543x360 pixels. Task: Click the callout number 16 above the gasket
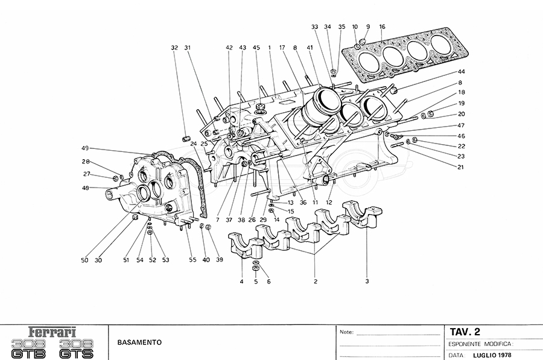pyautogui.click(x=382, y=27)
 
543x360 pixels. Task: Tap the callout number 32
pyautogui.click(x=174, y=48)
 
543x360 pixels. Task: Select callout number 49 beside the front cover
pyautogui.click(x=85, y=148)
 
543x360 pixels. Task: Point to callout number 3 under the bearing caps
pyautogui.click(x=367, y=281)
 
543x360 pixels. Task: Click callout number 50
pyautogui.click(x=84, y=261)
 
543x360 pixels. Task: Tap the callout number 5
pyautogui.click(x=255, y=282)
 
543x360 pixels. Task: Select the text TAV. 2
pyautogui.click(x=465, y=332)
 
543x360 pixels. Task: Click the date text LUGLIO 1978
pyautogui.click(x=494, y=355)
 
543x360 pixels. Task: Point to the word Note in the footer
pyautogui.click(x=346, y=332)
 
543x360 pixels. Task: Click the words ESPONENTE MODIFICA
pyautogui.click(x=480, y=344)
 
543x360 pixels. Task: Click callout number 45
pyautogui.click(x=256, y=48)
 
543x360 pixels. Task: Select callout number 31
pyautogui.click(x=188, y=48)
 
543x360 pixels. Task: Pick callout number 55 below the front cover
pyautogui.click(x=192, y=261)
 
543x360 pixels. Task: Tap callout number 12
pyautogui.click(x=329, y=203)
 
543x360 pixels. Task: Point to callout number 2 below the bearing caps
pyautogui.click(x=315, y=281)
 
